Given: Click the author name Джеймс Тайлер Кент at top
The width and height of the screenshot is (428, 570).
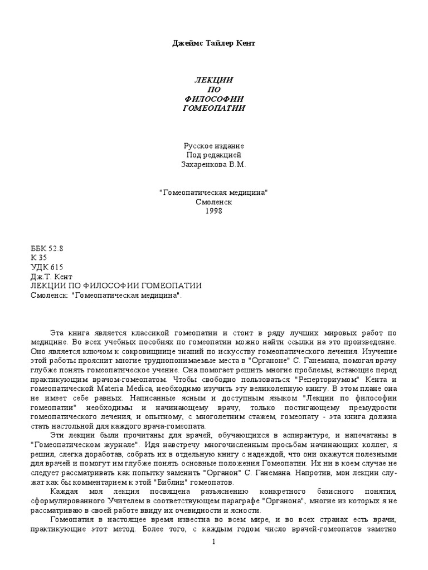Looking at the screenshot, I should tap(213, 44).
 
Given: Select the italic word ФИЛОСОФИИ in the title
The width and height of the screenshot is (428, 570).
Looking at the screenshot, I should tap(213, 99).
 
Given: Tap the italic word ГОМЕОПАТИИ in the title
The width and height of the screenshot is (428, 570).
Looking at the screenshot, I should tap(213, 107).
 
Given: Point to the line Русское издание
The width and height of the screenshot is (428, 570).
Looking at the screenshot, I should tap(213, 146).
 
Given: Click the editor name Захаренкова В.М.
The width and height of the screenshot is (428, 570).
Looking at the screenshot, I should tap(213, 165).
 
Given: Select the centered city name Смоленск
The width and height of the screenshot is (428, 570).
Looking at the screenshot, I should tap(213, 202).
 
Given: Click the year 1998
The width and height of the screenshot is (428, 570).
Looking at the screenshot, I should tap(213, 211).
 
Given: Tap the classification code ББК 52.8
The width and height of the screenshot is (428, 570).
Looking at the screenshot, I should tap(46, 248).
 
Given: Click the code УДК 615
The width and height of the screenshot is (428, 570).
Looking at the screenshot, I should tap(47, 267).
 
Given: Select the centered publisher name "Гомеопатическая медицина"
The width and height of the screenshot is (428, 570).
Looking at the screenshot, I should tap(213, 192).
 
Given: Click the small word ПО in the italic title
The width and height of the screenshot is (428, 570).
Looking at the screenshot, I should tap(213, 90).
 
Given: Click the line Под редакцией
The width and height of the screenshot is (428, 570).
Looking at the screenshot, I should tap(213, 155).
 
